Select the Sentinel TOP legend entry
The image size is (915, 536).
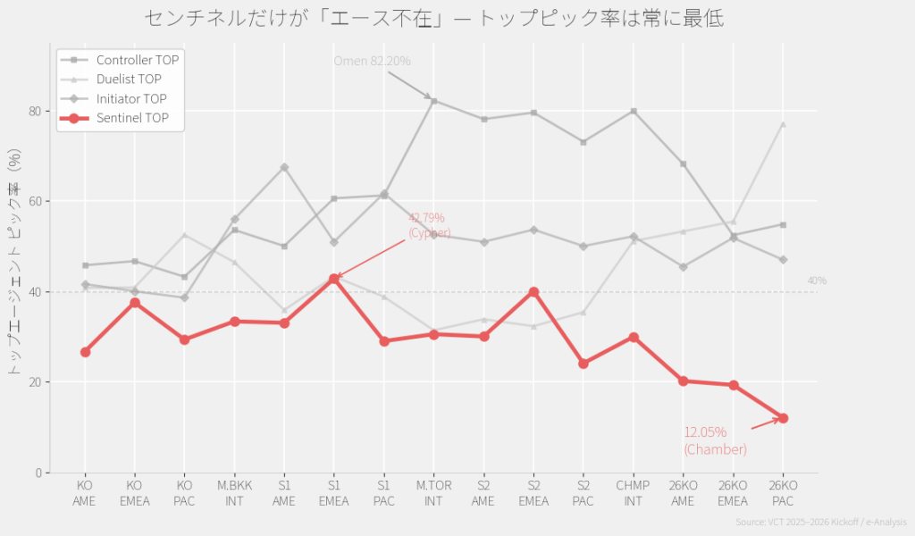click(x=131, y=118)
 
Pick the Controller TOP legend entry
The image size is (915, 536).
click(x=137, y=60)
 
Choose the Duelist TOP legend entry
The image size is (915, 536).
click(x=129, y=80)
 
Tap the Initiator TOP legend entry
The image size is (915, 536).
click(x=131, y=98)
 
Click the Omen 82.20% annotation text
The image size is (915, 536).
click(x=372, y=61)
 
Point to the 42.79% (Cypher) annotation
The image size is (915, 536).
click(x=427, y=225)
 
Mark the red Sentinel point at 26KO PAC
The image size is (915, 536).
click(x=783, y=418)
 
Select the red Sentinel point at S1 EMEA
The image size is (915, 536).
click(x=334, y=279)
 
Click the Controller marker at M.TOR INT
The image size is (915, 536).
click(x=433, y=101)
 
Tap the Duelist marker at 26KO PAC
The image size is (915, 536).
click(x=783, y=124)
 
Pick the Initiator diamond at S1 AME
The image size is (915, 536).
click(x=284, y=167)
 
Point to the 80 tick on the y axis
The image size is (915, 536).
click(x=35, y=111)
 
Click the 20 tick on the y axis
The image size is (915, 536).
click(x=35, y=382)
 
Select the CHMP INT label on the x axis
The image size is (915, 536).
click(x=634, y=493)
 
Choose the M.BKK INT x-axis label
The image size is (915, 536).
click(x=234, y=493)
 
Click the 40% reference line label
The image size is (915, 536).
click(x=817, y=281)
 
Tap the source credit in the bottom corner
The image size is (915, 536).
click(x=820, y=522)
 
